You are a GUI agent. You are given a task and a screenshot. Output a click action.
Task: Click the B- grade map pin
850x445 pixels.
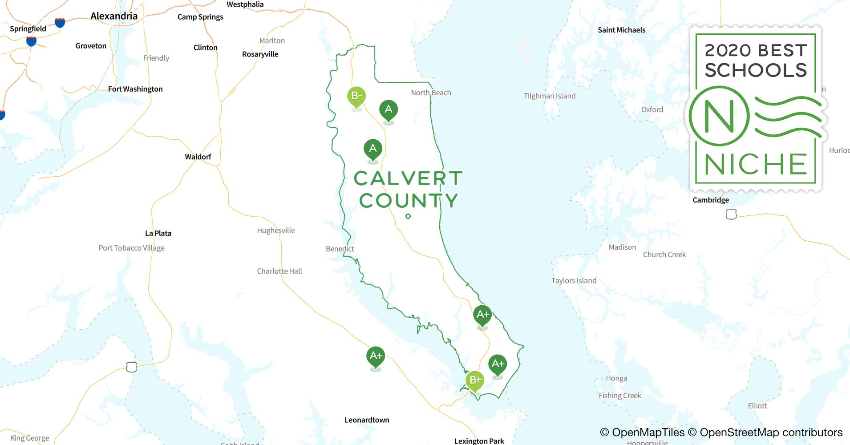pyautogui.click(x=356, y=96)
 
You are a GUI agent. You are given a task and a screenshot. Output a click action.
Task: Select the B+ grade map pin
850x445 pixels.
pyautogui.click(x=475, y=380)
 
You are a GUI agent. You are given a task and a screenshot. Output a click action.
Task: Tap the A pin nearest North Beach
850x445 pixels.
pyautogui.click(x=389, y=110)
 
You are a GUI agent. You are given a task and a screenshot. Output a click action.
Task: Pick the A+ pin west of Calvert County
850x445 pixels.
pyautogui.click(x=376, y=356)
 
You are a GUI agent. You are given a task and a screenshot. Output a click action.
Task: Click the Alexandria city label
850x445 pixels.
pyautogui.click(x=114, y=16)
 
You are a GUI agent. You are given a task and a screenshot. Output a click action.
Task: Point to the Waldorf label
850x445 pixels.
pyautogui.click(x=198, y=157)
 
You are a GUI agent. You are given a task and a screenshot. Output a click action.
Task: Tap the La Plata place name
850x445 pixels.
pyautogui.click(x=158, y=233)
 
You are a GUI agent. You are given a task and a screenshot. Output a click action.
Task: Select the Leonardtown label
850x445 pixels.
pyautogui.click(x=367, y=420)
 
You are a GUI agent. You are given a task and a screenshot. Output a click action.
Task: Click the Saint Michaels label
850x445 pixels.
pyautogui.click(x=621, y=30)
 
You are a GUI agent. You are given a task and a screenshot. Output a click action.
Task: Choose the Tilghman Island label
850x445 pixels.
pyautogui.click(x=550, y=96)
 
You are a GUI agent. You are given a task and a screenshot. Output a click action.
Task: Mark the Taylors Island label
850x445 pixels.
pyautogui.click(x=574, y=280)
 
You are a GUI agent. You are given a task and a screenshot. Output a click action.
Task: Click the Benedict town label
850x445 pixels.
pyautogui.click(x=340, y=249)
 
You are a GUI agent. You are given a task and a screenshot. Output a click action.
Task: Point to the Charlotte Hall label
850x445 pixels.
pyautogui.click(x=279, y=271)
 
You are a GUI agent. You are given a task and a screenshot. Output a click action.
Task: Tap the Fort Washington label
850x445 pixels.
pyautogui.click(x=135, y=89)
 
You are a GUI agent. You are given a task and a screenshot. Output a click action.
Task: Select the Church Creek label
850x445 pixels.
pyautogui.click(x=664, y=255)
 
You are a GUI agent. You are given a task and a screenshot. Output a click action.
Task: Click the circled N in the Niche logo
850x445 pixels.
pyautogui.click(x=719, y=116)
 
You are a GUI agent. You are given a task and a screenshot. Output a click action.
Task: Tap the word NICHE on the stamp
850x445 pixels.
pyautogui.click(x=756, y=164)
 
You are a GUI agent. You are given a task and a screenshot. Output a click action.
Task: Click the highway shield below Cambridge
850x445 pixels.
pyautogui.click(x=731, y=214)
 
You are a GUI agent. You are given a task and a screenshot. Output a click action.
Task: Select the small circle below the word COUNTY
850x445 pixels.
pyautogui.click(x=408, y=216)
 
